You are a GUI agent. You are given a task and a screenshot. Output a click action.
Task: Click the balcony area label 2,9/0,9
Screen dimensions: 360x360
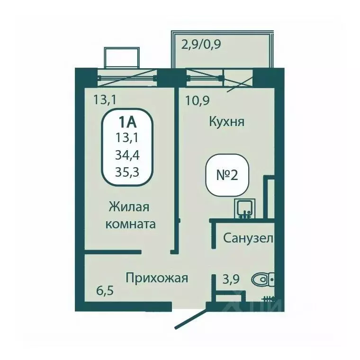click(x=201, y=45)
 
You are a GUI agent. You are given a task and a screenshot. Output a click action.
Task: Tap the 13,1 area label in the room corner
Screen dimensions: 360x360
click(x=105, y=99)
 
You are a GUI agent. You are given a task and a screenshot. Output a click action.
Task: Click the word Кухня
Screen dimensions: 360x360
click(x=226, y=122)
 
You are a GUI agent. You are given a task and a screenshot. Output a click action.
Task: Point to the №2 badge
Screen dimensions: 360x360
click(x=227, y=175)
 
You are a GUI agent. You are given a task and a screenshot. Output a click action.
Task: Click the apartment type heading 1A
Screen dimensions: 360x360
click(x=127, y=122)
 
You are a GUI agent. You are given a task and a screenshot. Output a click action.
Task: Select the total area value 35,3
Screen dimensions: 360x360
click(x=127, y=171)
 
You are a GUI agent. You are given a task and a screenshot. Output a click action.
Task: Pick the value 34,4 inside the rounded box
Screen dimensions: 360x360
click(x=127, y=155)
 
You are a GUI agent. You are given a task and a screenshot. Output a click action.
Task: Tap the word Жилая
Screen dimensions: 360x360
click(x=129, y=207)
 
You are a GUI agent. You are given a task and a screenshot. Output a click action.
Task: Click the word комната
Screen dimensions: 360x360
click(x=130, y=224)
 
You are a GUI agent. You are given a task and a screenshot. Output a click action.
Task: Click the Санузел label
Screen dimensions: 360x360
click(x=248, y=238)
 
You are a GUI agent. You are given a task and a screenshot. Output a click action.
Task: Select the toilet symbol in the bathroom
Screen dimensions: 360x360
click(x=261, y=279)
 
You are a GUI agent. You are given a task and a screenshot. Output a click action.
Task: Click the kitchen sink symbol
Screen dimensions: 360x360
click(x=244, y=208)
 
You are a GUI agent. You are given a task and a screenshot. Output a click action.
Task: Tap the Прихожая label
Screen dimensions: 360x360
click(x=157, y=278)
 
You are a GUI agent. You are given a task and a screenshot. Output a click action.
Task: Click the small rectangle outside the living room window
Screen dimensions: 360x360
click(x=122, y=58)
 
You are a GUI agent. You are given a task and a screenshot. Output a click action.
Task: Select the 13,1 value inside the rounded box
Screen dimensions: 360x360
click(x=127, y=138)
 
